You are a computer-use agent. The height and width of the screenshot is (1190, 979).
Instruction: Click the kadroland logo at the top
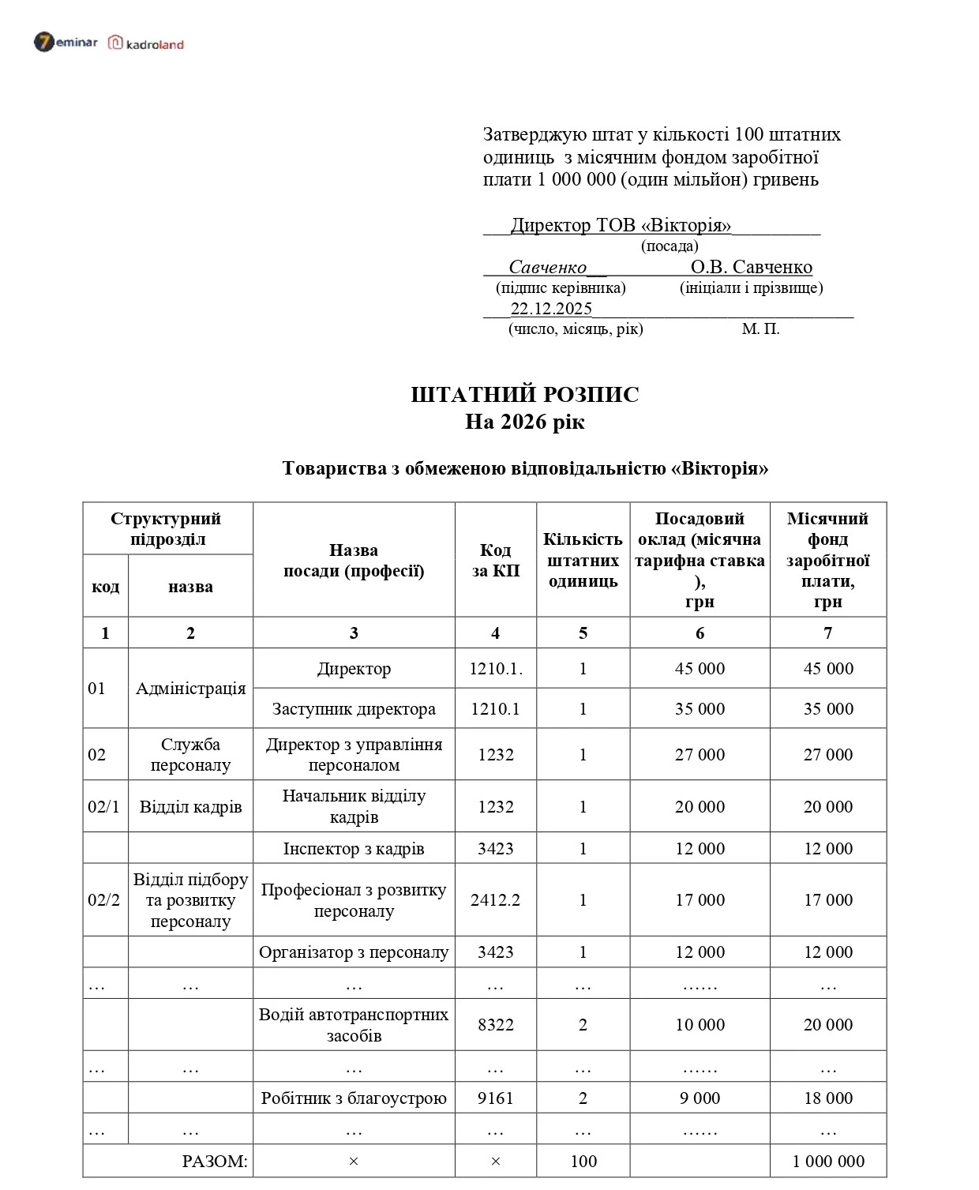coord(146,43)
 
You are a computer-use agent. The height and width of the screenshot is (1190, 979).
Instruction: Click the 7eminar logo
coord(66,42)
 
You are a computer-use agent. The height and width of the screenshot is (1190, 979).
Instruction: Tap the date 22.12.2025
coord(551,309)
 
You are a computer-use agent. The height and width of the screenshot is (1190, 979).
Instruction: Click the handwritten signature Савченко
coord(547,267)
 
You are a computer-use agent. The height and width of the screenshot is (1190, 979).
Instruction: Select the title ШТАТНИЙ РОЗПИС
coord(524,394)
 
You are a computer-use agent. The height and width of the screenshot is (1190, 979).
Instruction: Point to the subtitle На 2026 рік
coord(524,422)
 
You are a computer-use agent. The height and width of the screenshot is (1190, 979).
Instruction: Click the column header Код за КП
coord(496,561)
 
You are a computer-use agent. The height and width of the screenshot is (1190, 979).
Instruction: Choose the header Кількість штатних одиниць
coord(583,561)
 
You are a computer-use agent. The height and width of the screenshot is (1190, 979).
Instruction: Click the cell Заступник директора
coord(354,709)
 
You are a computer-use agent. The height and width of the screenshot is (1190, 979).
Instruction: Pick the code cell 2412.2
coord(496,900)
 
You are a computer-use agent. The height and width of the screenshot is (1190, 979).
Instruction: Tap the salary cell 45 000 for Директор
coord(700,669)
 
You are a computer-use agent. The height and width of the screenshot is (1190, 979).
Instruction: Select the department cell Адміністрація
coord(190,689)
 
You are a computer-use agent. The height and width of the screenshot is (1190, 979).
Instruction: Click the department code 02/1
coord(104,807)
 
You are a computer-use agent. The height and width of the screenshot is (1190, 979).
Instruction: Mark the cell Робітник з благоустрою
coord(354,1098)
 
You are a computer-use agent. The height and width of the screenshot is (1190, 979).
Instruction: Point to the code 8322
coord(496,1025)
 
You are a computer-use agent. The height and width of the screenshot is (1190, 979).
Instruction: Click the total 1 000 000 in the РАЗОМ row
coord(828,1162)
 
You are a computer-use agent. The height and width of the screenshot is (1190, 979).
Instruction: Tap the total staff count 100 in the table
coord(583,1162)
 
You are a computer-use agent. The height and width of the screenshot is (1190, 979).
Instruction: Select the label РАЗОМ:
coord(215,1162)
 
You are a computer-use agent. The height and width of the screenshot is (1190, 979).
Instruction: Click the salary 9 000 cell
coord(700,1098)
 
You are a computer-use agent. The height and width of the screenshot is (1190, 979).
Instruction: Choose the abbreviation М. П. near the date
coord(760,329)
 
